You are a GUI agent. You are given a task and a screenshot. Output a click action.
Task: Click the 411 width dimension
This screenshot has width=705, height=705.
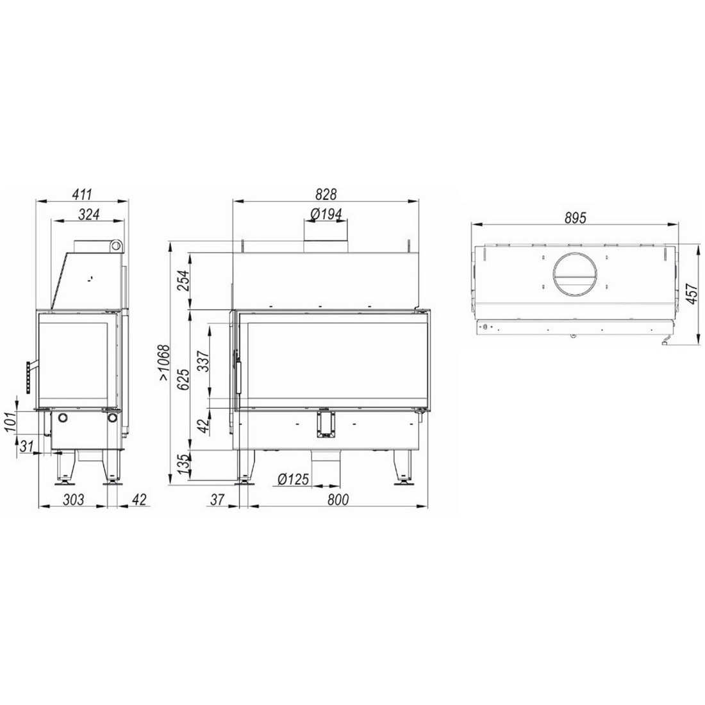(x=82, y=194)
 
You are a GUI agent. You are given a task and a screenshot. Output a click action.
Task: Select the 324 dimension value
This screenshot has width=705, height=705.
(x=88, y=215)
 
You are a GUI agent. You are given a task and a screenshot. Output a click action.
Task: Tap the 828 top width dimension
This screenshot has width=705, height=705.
(x=326, y=194)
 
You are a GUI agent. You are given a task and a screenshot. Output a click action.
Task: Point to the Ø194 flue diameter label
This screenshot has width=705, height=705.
(x=326, y=214)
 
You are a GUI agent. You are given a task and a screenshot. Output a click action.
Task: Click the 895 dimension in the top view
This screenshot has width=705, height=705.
(x=576, y=218)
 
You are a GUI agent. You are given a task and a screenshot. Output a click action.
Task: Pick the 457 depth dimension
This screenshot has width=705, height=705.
(x=692, y=294)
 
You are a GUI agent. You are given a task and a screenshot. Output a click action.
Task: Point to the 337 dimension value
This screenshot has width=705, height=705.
(x=203, y=361)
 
